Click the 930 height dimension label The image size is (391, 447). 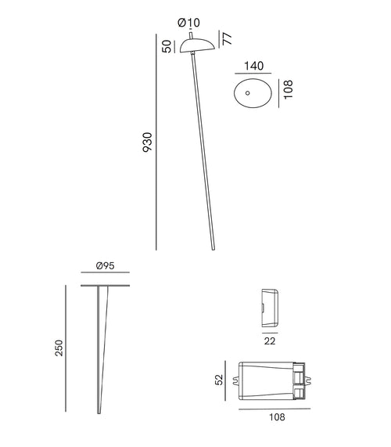coord(147,142)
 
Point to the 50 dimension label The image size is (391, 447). coord(166,45)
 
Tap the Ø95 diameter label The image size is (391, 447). coord(106,266)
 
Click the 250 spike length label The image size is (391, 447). coord(59,348)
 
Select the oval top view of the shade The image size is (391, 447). coord(252,94)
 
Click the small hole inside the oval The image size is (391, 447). coord(248,93)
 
